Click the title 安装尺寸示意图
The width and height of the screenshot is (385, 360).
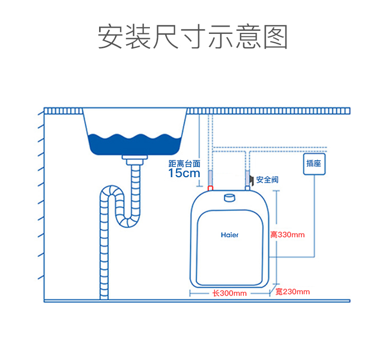[192, 37]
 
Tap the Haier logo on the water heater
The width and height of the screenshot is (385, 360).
[229, 235]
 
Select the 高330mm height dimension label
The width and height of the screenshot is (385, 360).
[287, 235]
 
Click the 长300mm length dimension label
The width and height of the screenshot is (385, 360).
[229, 293]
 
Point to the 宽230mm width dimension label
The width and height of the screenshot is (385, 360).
[293, 292]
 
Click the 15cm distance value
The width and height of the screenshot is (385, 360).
[184, 173]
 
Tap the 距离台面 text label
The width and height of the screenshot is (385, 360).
[184, 163]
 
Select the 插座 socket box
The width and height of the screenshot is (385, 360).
[314, 164]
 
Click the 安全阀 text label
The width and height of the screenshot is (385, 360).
[267, 180]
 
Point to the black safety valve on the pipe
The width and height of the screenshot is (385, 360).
[252, 179]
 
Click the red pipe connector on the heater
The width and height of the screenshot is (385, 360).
[210, 188]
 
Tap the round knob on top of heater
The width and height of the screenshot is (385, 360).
[229, 198]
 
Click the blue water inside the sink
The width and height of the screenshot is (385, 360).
[135, 145]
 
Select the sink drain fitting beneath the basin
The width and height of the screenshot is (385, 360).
[134, 160]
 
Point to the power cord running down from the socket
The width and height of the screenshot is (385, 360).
[314, 216]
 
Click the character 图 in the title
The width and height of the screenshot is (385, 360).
[276, 37]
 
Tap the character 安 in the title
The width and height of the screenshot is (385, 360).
[110, 37]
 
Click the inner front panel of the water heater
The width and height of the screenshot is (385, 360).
[229, 248]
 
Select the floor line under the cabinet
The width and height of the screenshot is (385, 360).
[197, 301]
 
